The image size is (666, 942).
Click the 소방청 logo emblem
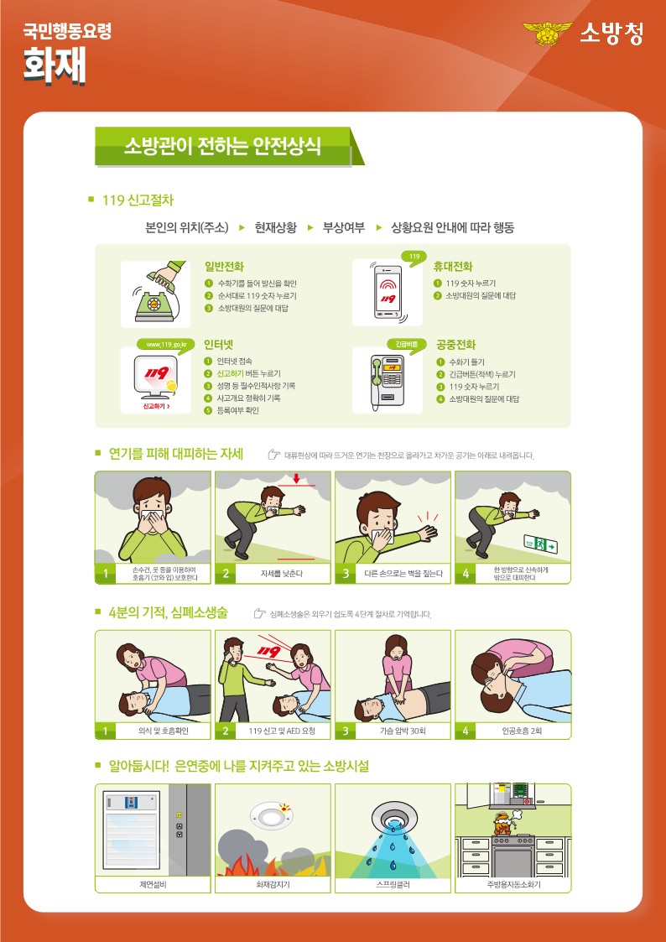(x=547, y=34)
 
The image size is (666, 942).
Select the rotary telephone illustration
(x=154, y=292)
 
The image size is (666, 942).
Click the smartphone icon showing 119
(x=388, y=292)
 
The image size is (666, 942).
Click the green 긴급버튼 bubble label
(x=406, y=344)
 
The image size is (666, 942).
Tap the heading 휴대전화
(x=453, y=266)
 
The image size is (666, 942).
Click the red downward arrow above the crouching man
(x=297, y=479)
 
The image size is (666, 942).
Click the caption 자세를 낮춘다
(x=281, y=574)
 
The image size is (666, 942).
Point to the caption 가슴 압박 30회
(x=402, y=731)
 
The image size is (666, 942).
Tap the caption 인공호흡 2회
(x=522, y=731)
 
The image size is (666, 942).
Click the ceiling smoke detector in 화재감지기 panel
(x=273, y=815)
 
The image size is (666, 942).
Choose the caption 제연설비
(x=153, y=885)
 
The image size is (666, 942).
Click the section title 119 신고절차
(x=138, y=200)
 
